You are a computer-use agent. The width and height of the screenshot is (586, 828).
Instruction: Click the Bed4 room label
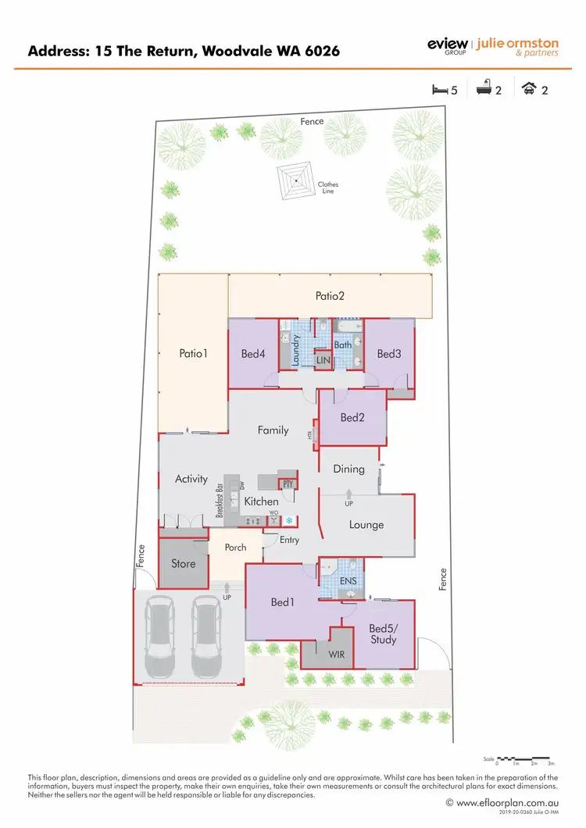tap(253, 354)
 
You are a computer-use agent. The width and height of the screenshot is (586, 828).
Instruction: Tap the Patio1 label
tap(194, 353)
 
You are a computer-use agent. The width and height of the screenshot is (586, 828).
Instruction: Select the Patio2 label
tap(330, 296)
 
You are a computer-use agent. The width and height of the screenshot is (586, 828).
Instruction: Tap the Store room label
tap(183, 563)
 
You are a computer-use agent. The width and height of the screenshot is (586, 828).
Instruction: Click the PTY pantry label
tap(288, 485)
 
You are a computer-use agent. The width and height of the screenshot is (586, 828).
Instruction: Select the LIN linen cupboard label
tap(323, 359)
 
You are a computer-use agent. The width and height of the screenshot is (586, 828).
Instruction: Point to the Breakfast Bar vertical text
tap(220, 501)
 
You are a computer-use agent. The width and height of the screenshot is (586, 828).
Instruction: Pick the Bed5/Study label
tap(383, 633)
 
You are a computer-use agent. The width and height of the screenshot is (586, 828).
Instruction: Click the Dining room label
tap(348, 469)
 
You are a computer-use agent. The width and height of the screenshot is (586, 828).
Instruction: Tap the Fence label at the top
tap(312, 121)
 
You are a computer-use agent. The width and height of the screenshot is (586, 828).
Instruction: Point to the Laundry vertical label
tap(296, 350)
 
